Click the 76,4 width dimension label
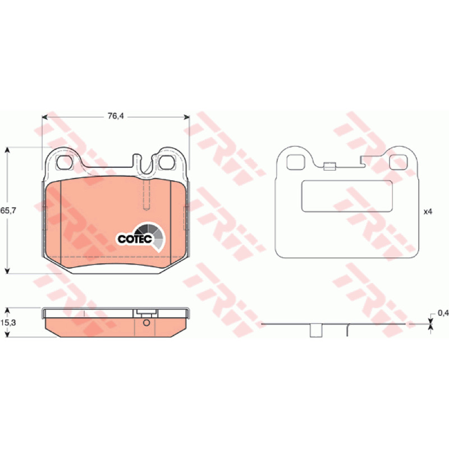click(116, 116)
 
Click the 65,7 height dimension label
click(8, 210)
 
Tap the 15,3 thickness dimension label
click(8, 323)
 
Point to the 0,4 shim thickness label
click(443, 313)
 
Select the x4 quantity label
click(428, 212)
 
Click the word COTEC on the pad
click(135, 239)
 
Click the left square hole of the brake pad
click(64, 162)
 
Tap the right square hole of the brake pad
click(166, 162)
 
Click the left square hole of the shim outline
click(295, 162)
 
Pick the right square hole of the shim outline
click(398, 162)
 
